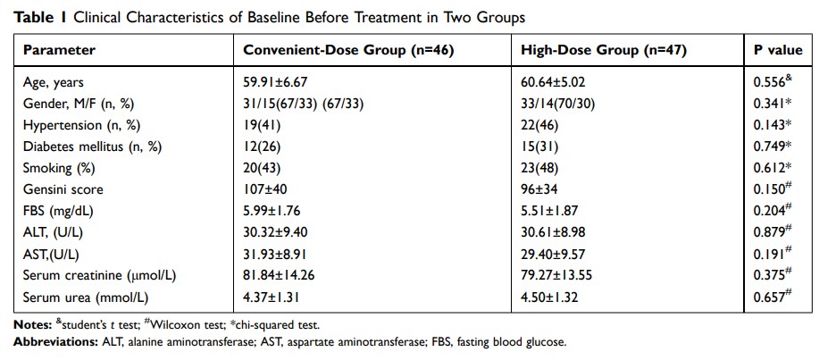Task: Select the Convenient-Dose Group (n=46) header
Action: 349,50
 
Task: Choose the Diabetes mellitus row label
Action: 87,146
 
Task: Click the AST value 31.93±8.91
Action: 276,253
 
